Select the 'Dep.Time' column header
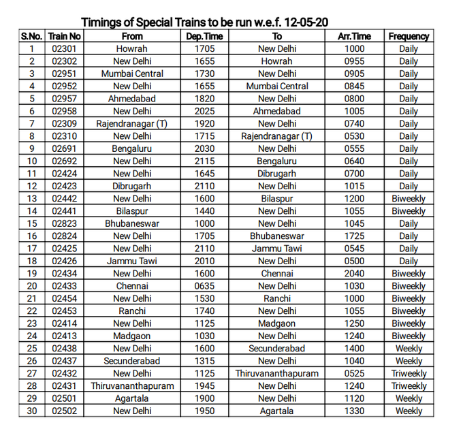(204, 36)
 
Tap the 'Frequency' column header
(409, 36)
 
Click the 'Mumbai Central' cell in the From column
(132, 74)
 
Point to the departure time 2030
(204, 148)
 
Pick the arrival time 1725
(354, 236)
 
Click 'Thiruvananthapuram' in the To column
(277, 373)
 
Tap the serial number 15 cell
(31, 223)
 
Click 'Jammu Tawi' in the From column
(132, 261)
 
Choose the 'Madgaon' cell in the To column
(277, 323)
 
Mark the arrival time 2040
(354, 273)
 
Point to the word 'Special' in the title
(155, 22)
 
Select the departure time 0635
(204, 286)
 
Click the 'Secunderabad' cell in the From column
(132, 361)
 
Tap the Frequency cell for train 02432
(409, 373)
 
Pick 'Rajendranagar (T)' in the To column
(277, 136)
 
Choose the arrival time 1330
(354, 411)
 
